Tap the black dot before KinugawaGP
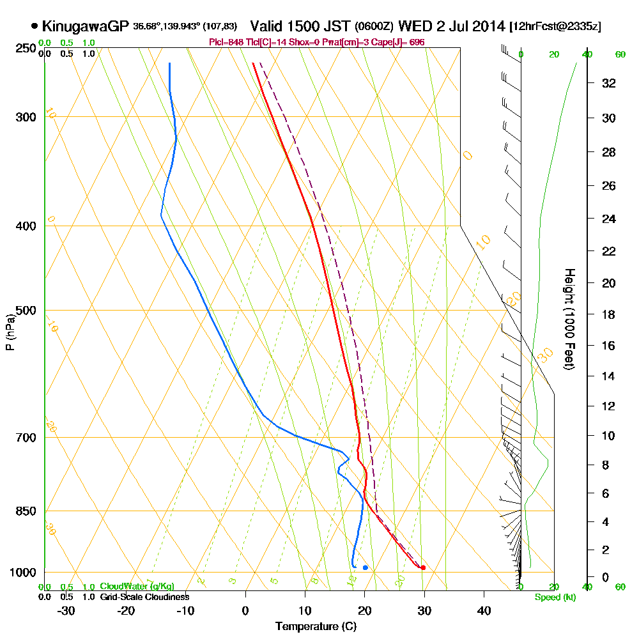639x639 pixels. click(34, 26)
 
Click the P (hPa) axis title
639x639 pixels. click(10, 332)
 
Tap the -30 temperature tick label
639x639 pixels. click(66, 610)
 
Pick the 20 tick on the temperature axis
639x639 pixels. click(364, 610)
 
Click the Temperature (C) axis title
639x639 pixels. click(316, 626)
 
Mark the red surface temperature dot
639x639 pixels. click(423, 567)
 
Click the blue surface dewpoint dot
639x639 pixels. click(365, 567)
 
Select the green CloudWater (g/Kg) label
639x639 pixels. click(137, 587)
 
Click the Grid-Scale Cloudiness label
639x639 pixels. click(144, 597)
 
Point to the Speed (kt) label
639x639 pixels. click(553, 597)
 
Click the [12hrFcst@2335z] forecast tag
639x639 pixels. click(555, 27)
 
